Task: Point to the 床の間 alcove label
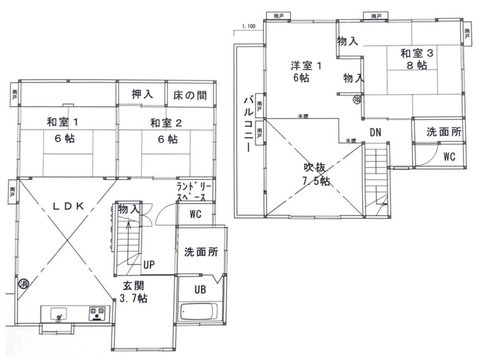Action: click(x=189, y=95)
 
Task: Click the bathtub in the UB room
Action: click(x=198, y=311)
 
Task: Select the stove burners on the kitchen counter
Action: click(x=97, y=311)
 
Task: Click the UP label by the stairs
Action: click(x=149, y=264)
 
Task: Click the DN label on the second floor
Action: click(x=375, y=133)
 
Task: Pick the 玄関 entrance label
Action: click(x=134, y=285)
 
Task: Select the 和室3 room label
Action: click(x=416, y=54)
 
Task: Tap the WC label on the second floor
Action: click(x=450, y=156)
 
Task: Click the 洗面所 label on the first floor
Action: click(x=201, y=251)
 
